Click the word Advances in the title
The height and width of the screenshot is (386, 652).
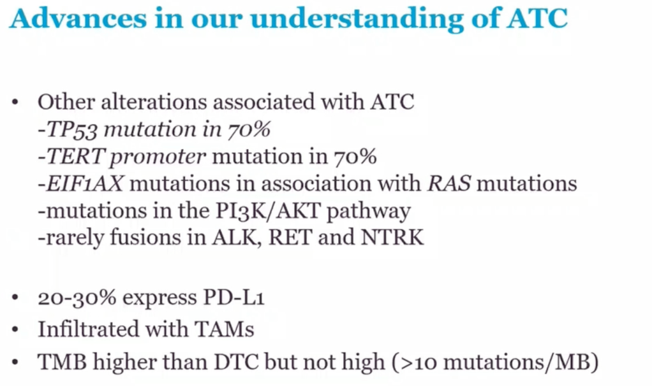(x=78, y=18)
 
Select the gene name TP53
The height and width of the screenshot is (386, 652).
(x=71, y=129)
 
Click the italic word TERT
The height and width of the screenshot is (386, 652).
(x=75, y=157)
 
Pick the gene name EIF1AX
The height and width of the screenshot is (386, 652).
(x=84, y=183)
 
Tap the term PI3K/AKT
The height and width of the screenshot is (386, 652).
(x=268, y=211)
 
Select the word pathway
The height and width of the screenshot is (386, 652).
(x=369, y=211)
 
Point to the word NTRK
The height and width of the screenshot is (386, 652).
(x=392, y=238)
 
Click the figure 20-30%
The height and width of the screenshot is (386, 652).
(x=77, y=297)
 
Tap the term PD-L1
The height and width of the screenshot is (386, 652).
(x=233, y=297)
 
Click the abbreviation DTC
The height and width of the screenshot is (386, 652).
(x=236, y=362)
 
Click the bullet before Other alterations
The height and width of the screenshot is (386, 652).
(x=15, y=103)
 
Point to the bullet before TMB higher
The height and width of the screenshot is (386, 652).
(x=15, y=363)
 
